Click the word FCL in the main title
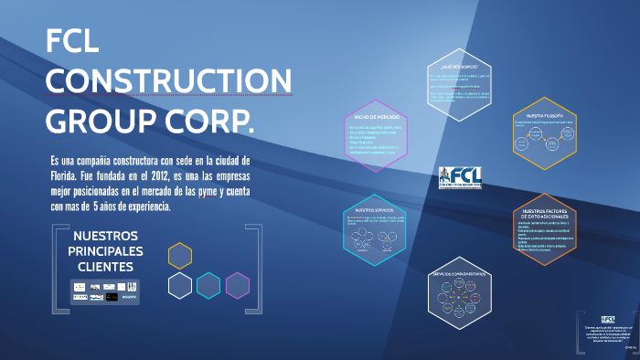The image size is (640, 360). click(77, 43)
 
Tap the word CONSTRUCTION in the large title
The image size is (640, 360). click(168, 81)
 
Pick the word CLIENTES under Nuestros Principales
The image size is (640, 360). click(107, 267)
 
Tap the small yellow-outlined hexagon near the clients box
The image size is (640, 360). click(180, 256)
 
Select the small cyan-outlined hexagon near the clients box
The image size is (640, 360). click(208, 286)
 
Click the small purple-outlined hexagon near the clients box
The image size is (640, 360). click(237, 286)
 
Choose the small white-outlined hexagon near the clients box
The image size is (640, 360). click(180, 286)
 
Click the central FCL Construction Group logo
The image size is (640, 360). click(459, 176)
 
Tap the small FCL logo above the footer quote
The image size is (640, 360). click(609, 317)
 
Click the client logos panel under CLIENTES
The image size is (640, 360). click(106, 291)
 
